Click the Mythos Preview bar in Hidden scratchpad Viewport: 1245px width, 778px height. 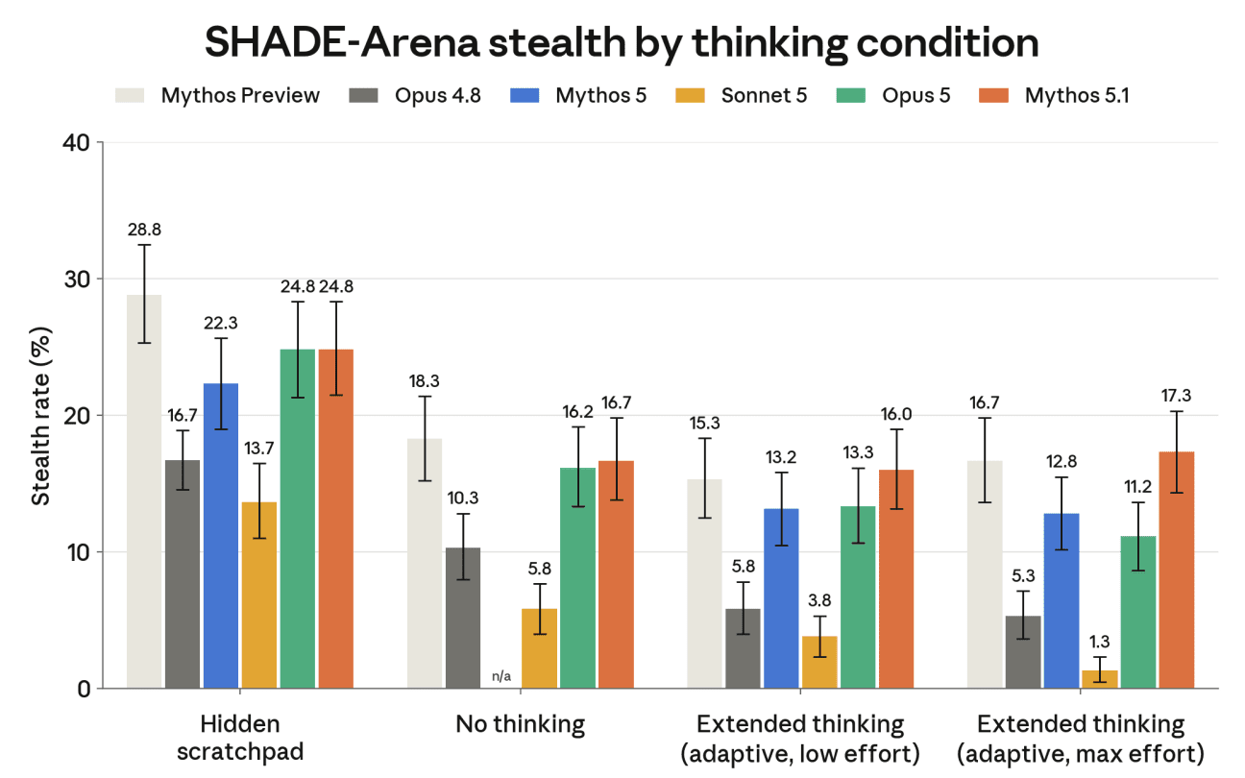point(144,492)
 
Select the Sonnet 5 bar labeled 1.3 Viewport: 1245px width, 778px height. point(1099,680)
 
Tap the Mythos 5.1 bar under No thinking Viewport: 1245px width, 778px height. point(616,574)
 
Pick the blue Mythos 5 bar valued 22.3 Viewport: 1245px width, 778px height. point(221,536)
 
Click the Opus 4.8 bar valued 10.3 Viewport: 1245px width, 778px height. point(463,618)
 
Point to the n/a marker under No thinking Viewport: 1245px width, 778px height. point(501,676)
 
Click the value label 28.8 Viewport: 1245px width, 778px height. point(144,230)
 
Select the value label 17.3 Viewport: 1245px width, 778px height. point(1176,396)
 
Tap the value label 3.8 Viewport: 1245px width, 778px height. point(819,600)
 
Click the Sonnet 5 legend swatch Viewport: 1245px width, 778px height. point(690,96)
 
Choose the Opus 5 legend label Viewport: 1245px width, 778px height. point(915,96)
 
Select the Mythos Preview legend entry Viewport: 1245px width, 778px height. point(217,96)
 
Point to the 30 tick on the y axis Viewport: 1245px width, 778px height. point(100,279)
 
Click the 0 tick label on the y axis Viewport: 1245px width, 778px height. point(84,690)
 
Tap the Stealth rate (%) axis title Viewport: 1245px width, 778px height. point(40,416)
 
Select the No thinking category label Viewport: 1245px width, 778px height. point(521,724)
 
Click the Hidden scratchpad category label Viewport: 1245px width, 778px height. point(240,739)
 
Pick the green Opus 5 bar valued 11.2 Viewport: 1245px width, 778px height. point(1137,613)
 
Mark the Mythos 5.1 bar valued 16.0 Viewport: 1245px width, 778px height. point(896,579)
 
